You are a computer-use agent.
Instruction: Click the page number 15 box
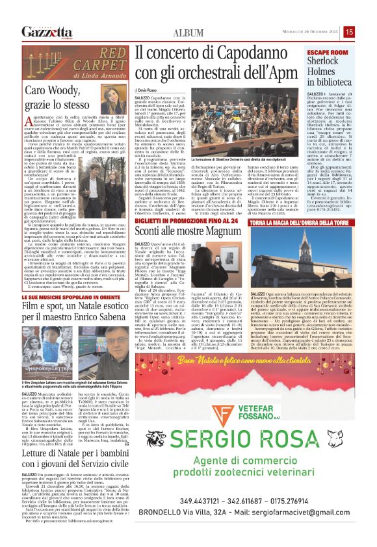[x=367, y=31]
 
